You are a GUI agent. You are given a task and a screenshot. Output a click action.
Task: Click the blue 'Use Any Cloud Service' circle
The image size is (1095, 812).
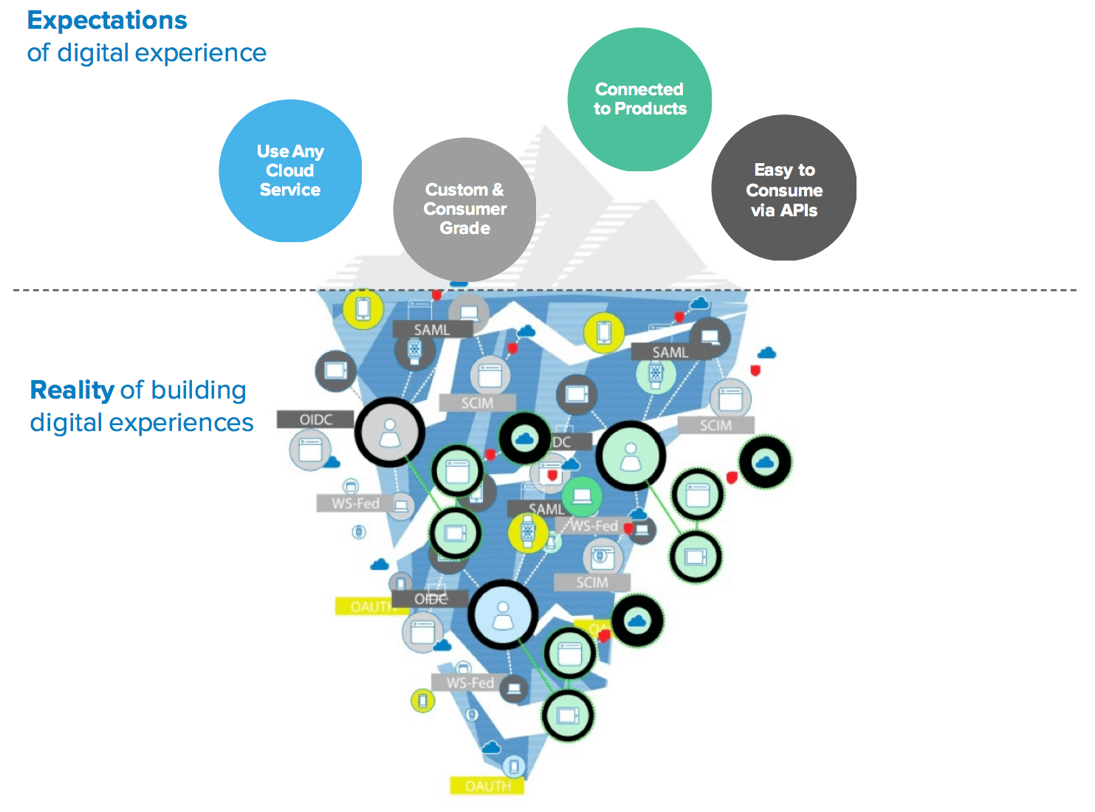point(290,171)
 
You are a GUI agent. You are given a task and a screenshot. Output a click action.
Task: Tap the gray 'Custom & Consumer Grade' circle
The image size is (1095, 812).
point(464,209)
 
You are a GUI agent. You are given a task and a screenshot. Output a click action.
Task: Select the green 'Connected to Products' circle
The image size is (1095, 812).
point(639,99)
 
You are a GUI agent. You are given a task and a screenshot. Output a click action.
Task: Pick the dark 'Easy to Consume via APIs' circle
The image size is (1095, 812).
point(783,187)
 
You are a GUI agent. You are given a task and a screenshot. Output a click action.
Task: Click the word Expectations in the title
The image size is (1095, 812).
point(107,21)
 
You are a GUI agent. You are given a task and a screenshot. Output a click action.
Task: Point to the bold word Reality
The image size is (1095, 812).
point(72,390)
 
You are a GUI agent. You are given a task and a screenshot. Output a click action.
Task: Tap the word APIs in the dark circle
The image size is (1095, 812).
point(799,210)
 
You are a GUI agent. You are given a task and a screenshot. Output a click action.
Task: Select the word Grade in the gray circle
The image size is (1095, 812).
point(465,228)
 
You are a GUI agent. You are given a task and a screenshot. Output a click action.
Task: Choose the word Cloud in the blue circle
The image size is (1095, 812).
point(290,171)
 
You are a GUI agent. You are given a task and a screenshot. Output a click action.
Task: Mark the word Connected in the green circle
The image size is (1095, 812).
point(639,89)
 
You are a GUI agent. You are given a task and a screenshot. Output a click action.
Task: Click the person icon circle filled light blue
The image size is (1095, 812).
point(503,614)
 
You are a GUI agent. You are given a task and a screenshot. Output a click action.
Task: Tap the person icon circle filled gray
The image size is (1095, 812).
point(389,432)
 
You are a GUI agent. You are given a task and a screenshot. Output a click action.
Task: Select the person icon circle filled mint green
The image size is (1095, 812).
point(631,455)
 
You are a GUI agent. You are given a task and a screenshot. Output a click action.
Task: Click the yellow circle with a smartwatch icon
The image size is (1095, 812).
point(528,531)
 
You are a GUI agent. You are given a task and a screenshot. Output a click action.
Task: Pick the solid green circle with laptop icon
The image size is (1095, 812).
point(582,496)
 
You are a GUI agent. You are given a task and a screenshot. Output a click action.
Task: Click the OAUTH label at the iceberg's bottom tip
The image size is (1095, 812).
point(487,786)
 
